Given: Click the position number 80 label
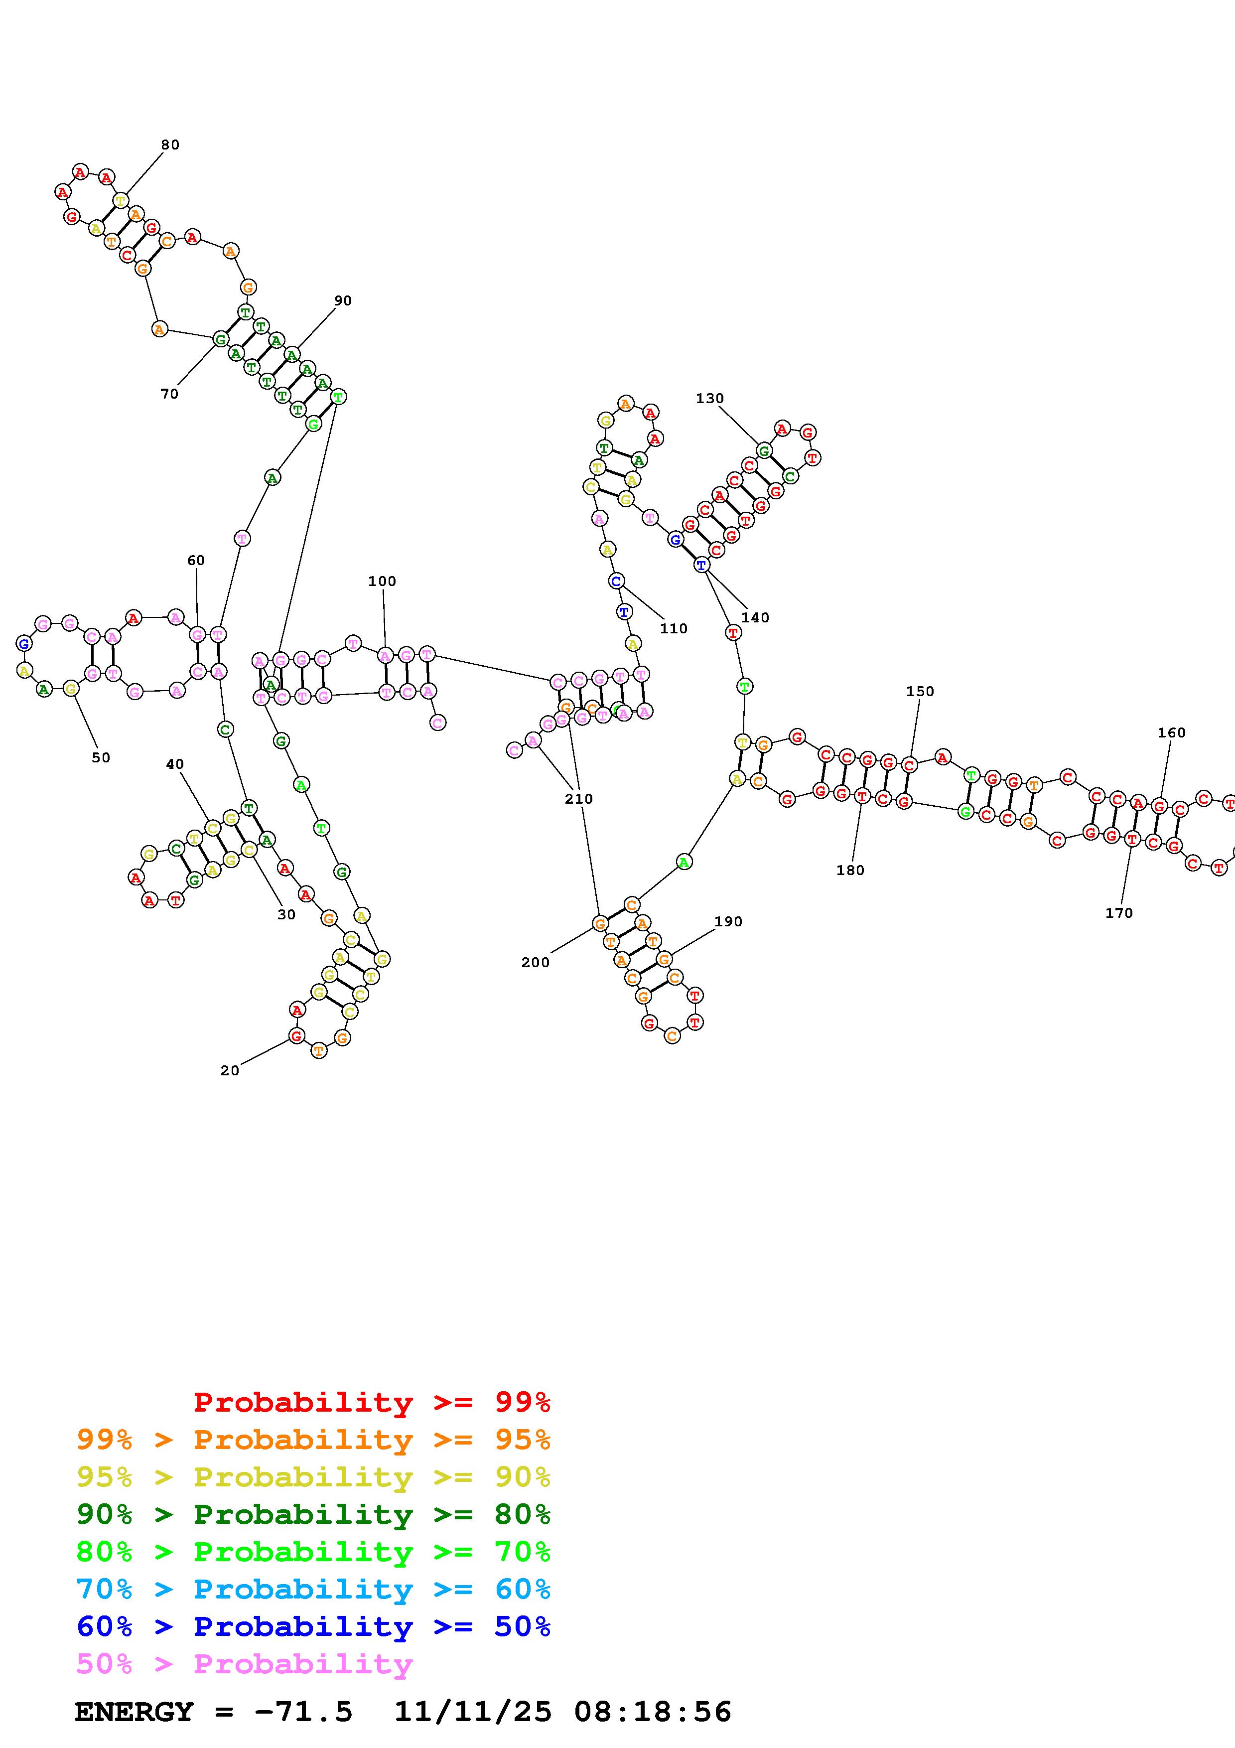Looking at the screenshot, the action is click(170, 145).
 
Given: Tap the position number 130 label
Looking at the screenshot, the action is click(709, 398).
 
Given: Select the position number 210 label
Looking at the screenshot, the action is click(578, 799).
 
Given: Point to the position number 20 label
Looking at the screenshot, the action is click(230, 1070).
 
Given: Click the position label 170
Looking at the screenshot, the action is click(1118, 913).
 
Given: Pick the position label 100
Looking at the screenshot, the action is click(382, 581).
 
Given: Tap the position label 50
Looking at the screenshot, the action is click(101, 757).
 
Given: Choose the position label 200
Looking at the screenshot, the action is click(535, 962).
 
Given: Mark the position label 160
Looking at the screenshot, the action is click(1171, 732).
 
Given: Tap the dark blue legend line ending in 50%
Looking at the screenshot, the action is click(313, 1626).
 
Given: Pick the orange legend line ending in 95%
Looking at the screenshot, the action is click(313, 1440).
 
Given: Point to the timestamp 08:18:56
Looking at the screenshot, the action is click(653, 1712).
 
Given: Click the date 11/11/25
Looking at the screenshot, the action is click(473, 1712).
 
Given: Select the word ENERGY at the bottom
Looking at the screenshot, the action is click(134, 1712).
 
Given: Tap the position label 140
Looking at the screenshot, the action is click(755, 617).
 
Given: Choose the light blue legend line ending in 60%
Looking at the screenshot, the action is click(313, 1589).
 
